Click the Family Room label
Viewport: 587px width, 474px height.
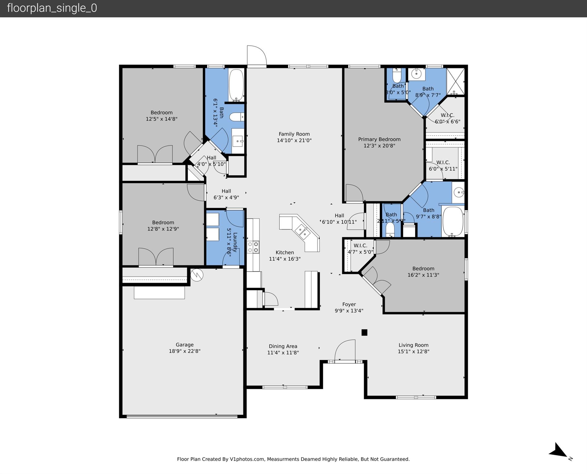[294, 134]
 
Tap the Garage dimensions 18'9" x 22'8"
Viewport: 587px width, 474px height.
[184, 351]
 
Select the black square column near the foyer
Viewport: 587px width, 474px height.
[364, 332]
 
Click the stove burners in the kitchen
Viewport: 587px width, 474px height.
[253, 247]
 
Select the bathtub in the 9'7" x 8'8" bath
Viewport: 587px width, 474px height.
[453, 221]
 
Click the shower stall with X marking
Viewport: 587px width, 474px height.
[455, 81]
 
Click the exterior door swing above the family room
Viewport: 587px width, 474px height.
[256, 55]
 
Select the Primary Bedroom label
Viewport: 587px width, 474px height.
[379, 139]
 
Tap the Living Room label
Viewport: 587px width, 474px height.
[413, 345]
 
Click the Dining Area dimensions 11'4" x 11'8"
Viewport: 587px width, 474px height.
[283, 353]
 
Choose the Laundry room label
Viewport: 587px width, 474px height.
[235, 242]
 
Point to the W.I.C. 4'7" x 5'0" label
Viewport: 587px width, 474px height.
[360, 249]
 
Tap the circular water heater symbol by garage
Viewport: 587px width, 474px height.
[196, 275]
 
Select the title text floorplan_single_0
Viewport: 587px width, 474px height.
[52, 8]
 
